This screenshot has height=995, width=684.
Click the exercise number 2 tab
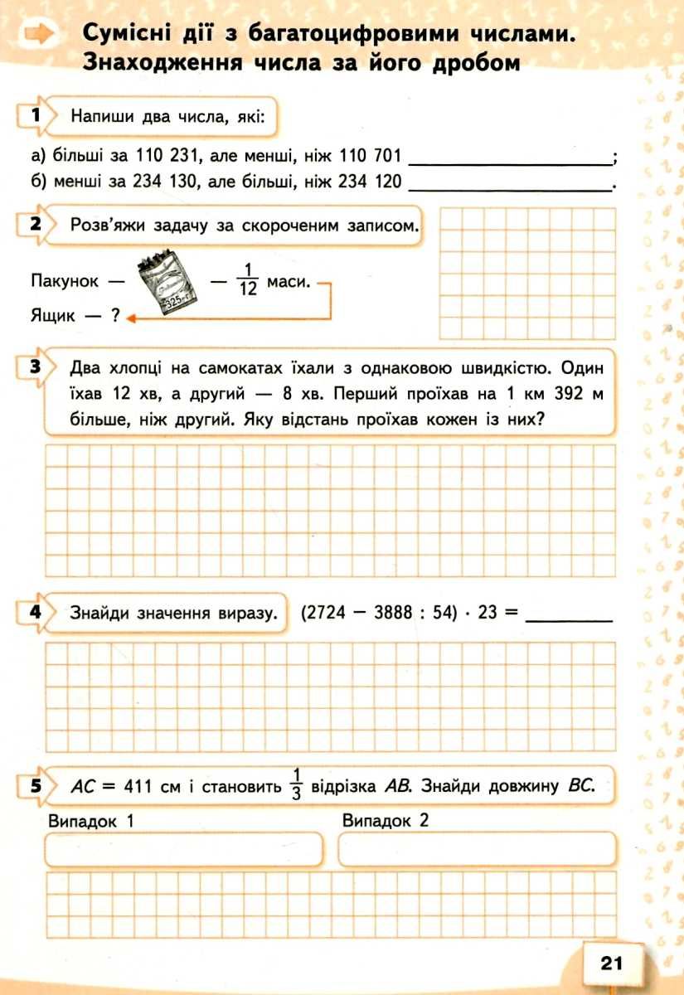point(35,224)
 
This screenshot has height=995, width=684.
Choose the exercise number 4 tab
point(35,613)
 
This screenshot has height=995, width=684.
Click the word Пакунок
point(65,281)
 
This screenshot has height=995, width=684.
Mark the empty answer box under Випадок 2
point(478,849)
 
